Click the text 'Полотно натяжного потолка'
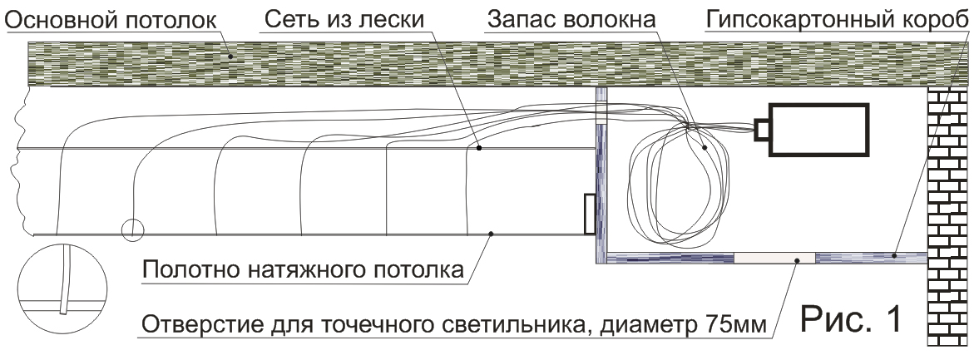[303, 270]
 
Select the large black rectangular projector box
[818, 130]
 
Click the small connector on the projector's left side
[763, 129]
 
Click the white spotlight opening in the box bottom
[774, 257]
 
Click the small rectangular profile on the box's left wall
[589, 214]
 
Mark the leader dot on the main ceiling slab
[230, 57]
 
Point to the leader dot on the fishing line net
[479, 148]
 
